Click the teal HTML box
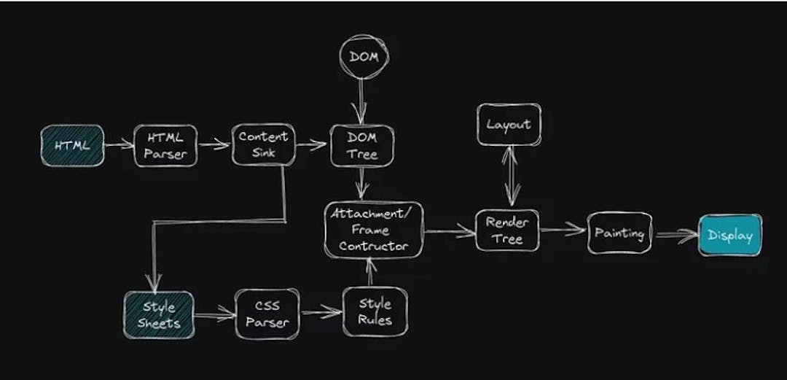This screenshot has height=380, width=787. [72, 145]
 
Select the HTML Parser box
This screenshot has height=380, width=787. [165, 145]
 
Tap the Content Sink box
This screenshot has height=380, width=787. [263, 144]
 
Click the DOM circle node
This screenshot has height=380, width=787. [364, 57]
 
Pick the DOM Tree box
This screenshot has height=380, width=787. [362, 145]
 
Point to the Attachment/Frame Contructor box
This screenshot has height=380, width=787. [374, 230]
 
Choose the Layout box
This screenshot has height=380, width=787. [509, 125]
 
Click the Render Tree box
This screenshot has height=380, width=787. [507, 230]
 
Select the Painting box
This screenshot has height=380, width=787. [619, 233]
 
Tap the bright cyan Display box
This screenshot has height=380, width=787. [729, 236]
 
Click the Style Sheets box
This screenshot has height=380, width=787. [158, 315]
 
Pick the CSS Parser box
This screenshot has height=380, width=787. [267, 314]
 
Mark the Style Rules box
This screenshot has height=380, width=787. [375, 311]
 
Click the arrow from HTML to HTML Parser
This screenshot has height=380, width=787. [119, 144]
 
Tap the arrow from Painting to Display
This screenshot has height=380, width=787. [676, 235]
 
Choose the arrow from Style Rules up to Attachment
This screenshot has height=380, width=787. [370, 273]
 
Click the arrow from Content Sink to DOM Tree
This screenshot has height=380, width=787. [311, 144]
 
